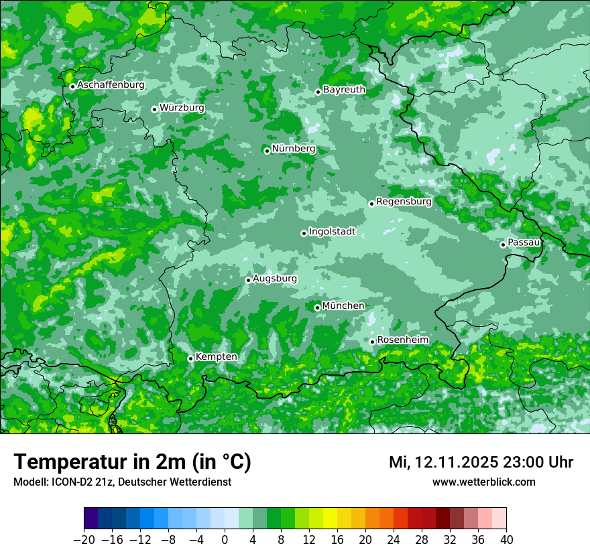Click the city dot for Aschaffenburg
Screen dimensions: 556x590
click(x=72, y=86)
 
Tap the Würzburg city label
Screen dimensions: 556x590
click(x=182, y=108)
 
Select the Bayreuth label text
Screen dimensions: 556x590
click(x=344, y=90)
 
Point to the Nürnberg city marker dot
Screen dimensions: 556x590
click(x=267, y=151)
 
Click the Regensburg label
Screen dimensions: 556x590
click(x=404, y=202)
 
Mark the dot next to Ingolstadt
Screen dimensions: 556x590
click(x=304, y=234)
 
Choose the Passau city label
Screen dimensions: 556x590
click(x=524, y=242)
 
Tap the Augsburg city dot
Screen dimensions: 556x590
click(x=248, y=280)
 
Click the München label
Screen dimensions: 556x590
click(x=343, y=306)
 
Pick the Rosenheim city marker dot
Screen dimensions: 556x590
click(x=372, y=342)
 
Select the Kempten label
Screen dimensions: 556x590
click(x=216, y=357)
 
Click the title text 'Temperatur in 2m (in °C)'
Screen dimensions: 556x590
click(x=132, y=462)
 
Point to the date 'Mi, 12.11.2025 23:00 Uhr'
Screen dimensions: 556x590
click(x=481, y=462)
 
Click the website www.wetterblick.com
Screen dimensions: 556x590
click(x=483, y=482)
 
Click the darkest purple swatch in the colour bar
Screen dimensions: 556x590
click(x=91, y=518)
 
